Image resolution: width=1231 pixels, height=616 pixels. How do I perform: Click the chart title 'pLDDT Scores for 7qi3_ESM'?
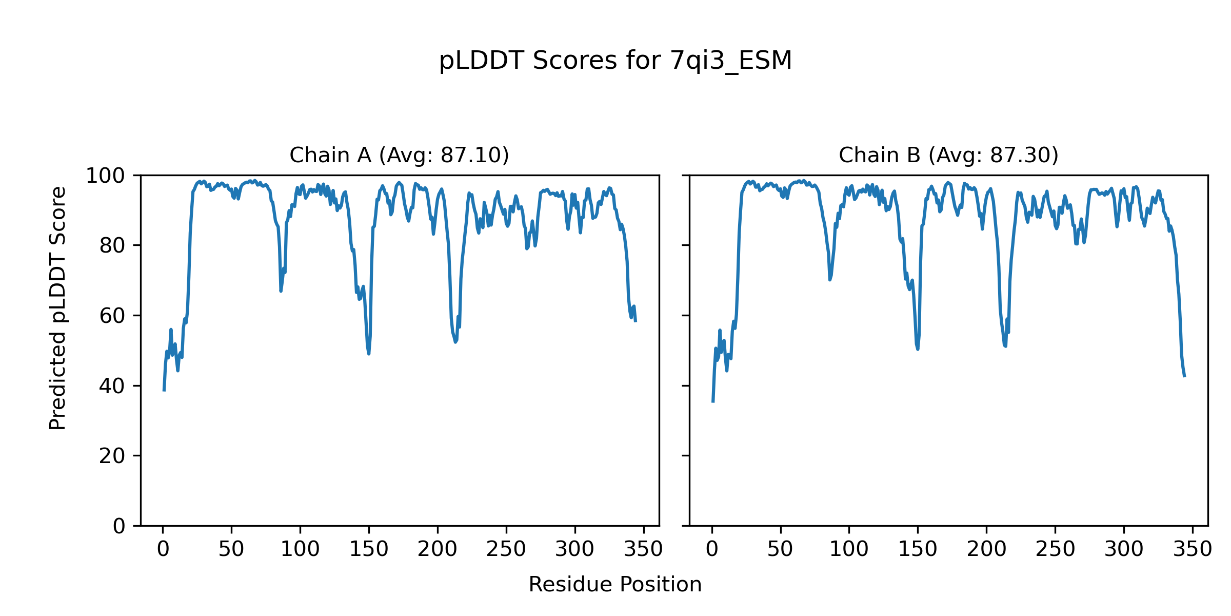tap(615, 61)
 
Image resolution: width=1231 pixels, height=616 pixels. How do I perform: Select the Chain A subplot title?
tap(399, 155)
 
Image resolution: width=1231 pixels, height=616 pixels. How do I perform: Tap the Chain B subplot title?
tap(948, 155)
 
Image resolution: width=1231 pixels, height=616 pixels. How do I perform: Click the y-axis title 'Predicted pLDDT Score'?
tap(58, 308)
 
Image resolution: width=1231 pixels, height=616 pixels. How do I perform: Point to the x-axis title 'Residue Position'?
tap(615, 585)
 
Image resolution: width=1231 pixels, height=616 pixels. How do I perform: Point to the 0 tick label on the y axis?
tap(119, 526)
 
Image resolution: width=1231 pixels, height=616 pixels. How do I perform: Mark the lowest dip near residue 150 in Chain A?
tap(369, 354)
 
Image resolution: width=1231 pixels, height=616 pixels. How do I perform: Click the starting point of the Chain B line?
tap(712, 402)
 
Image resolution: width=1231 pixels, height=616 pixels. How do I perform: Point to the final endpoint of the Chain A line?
tap(636, 322)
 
